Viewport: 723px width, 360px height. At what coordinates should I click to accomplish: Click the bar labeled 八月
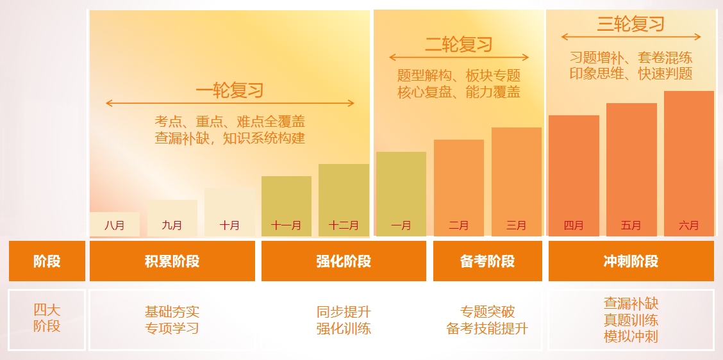[x=114, y=224]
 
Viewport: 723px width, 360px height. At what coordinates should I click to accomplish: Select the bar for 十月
[x=229, y=212]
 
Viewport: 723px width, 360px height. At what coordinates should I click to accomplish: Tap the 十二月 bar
[x=344, y=200]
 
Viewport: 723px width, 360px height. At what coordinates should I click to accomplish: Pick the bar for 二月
[x=459, y=188]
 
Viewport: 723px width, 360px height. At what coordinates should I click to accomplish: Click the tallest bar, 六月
[x=689, y=163]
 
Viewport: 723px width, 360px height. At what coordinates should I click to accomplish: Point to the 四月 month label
[x=574, y=225]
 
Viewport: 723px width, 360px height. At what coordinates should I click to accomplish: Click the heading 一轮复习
[x=229, y=90]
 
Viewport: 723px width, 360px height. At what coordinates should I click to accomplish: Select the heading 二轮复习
[x=459, y=45]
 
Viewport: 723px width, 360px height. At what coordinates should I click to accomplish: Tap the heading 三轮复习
[x=630, y=24]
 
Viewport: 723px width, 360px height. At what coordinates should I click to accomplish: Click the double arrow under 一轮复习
[x=230, y=103]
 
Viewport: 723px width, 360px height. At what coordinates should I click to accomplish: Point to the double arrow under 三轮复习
[x=631, y=37]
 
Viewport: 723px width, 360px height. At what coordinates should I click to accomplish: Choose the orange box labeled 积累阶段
[x=172, y=261]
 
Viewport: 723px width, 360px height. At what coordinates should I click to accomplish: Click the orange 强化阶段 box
[x=344, y=261]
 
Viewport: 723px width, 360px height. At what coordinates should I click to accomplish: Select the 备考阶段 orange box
[x=487, y=261]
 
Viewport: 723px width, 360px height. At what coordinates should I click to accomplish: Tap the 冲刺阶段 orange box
[x=631, y=261]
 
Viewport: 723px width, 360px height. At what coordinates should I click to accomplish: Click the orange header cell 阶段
[x=47, y=261]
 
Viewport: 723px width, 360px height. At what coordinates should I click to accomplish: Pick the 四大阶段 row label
[x=47, y=318]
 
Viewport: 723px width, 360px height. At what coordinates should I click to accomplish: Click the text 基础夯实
[x=172, y=311]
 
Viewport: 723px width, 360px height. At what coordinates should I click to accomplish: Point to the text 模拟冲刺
[x=631, y=336]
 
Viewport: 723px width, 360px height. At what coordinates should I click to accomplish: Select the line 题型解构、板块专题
[x=459, y=75]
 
